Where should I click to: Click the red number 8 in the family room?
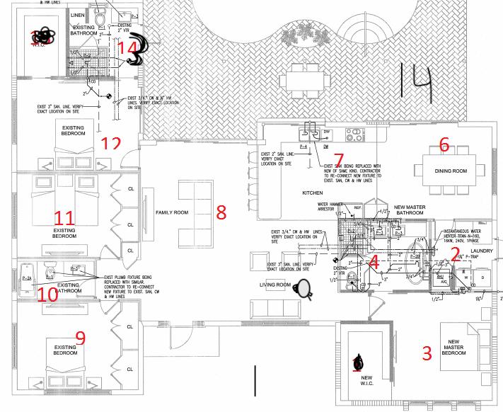click(221, 211)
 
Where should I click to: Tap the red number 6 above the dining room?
click(444, 145)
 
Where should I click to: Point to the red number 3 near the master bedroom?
click(427, 353)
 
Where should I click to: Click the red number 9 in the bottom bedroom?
click(80, 338)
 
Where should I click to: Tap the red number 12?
click(110, 144)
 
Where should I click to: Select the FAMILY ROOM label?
click(171, 212)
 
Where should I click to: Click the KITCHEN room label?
click(313, 193)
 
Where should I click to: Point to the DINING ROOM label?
click(451, 171)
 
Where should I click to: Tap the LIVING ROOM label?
click(275, 285)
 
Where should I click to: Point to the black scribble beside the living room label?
click(305, 288)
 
